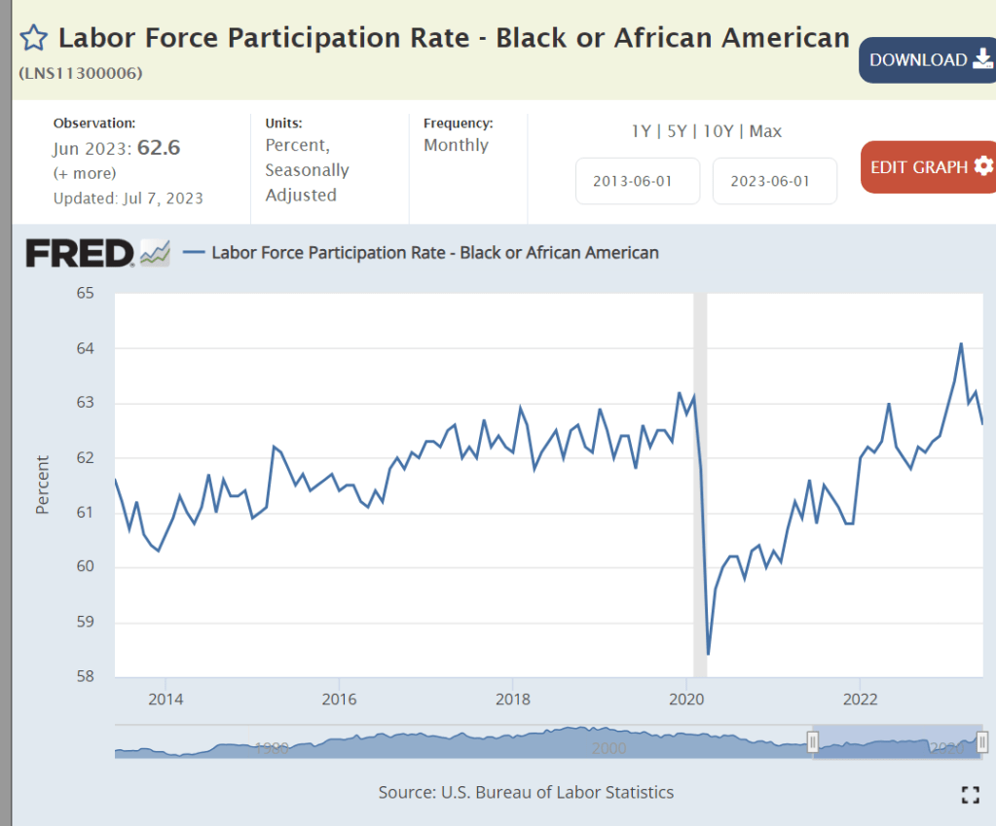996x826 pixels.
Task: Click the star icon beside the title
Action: (x=34, y=39)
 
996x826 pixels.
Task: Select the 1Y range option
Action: (x=642, y=130)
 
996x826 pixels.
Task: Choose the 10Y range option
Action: (x=718, y=130)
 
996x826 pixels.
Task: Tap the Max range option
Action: (x=765, y=130)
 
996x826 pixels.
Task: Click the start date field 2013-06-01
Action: (x=638, y=181)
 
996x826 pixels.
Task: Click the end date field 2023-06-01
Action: (x=775, y=181)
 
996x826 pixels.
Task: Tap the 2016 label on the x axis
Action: (x=339, y=699)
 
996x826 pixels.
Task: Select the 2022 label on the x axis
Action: (x=861, y=699)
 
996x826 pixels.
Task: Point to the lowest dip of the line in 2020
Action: (x=708, y=654)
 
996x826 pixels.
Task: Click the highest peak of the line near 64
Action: (x=961, y=343)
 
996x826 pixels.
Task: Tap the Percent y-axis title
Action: (x=42, y=484)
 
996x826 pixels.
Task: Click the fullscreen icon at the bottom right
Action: (x=970, y=794)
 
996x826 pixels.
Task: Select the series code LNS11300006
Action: (x=81, y=73)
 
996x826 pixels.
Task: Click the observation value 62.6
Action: (x=159, y=148)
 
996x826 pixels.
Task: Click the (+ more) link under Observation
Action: (x=85, y=173)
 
